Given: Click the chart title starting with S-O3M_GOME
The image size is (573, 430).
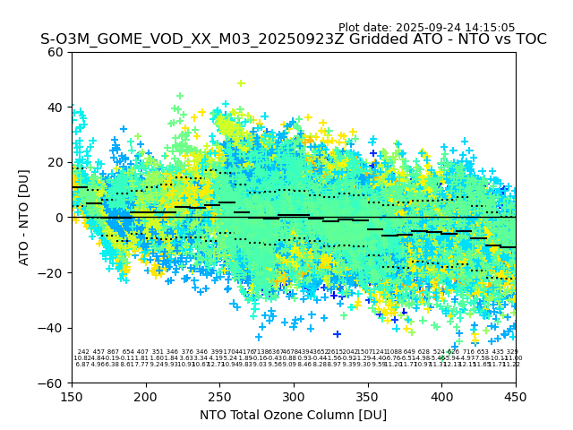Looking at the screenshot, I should pos(293,40).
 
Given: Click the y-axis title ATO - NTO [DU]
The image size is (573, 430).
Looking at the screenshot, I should pos(25,218).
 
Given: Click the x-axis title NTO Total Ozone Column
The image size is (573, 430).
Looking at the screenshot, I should pos(293,415).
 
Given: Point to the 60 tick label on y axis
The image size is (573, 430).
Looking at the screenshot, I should pos(56,52).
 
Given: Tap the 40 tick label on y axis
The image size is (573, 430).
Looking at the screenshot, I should pos(56,107).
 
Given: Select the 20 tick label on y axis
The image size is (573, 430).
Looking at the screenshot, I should pos(56,162).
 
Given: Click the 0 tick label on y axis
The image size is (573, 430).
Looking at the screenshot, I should pos(59,218).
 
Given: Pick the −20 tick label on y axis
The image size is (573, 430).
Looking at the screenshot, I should pos(52,273).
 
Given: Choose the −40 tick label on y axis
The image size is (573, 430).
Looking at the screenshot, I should pos(52,328).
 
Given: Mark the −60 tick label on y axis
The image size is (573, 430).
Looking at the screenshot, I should pos(52,383).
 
